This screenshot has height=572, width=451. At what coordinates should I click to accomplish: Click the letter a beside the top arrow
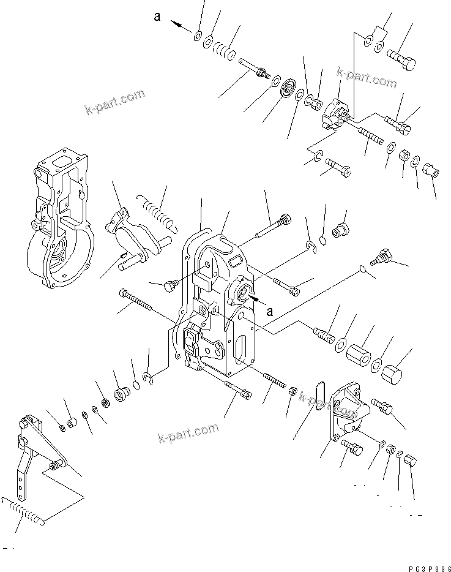(x=157, y=17)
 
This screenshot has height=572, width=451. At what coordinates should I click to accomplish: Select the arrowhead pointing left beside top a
(x=176, y=24)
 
